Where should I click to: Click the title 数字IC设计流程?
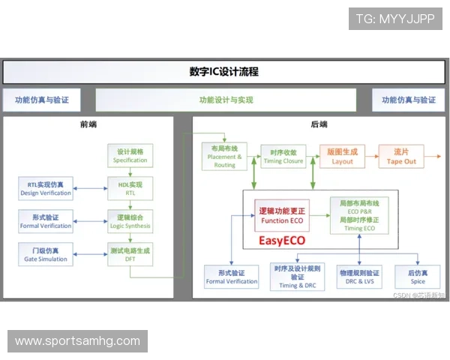[x=223, y=72]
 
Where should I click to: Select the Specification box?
[x=130, y=155]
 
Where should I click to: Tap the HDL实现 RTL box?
[x=130, y=188]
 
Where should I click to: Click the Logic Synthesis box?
[x=130, y=220]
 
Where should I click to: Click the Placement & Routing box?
[x=224, y=156]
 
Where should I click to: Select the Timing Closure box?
[x=283, y=156]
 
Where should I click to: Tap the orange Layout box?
[x=342, y=156]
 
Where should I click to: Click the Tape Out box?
[x=400, y=156]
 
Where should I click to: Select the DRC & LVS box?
[x=358, y=277]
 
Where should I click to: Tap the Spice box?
[x=417, y=277]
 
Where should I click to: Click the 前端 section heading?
[x=88, y=124]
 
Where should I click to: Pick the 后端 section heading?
[x=319, y=124]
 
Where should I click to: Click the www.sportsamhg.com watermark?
[x=77, y=341]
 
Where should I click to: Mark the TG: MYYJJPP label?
[x=395, y=18]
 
